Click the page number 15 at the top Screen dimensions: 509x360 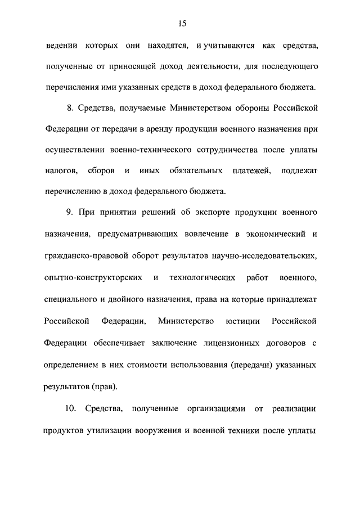182,23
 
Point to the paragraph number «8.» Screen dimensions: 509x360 71,108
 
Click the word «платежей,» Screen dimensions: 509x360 244,170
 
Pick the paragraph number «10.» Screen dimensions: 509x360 73,408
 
